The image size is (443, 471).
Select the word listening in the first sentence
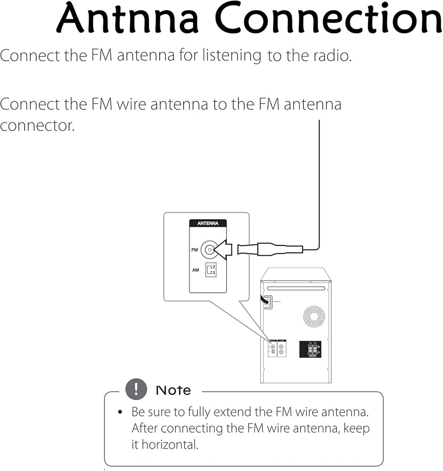pos(231,56)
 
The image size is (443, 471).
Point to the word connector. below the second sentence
pos(37,126)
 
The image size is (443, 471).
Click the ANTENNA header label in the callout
pos(208,224)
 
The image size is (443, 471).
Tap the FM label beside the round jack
pos(194,250)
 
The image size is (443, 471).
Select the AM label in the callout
pos(195,270)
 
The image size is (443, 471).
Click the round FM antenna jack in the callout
pos(209,250)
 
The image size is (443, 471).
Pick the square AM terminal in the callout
pos(211,270)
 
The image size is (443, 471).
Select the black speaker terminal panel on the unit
pos(310,349)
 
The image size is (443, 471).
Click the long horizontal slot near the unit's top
pos(295,289)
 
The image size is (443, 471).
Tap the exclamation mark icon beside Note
pos(136,389)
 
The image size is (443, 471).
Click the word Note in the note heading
pos(173,390)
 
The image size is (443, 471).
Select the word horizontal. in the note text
pos(170,445)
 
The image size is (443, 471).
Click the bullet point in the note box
pos(121,412)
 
